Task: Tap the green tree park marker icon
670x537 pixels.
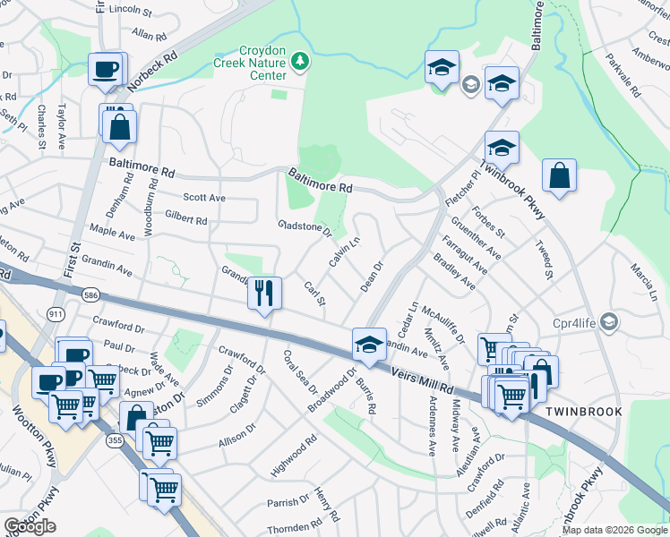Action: tap(302, 60)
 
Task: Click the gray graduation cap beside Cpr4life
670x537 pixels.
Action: tap(609, 320)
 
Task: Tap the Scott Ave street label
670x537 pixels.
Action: tap(204, 198)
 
